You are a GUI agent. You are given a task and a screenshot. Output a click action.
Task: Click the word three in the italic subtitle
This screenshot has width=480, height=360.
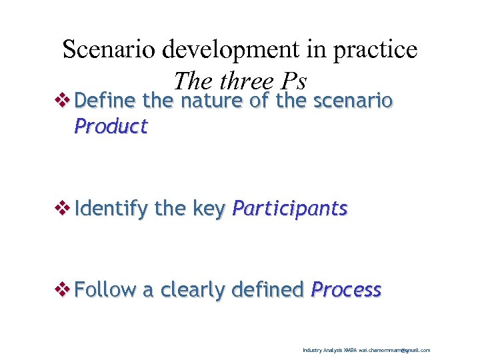(x=246, y=81)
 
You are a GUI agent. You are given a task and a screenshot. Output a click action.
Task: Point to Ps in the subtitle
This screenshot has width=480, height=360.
(x=293, y=81)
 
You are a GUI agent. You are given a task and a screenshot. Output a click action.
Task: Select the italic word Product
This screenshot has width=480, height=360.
(x=111, y=126)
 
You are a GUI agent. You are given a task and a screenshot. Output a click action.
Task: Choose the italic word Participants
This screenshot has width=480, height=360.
(x=289, y=209)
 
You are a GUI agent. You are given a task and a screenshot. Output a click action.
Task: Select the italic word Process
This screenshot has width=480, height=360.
(x=346, y=290)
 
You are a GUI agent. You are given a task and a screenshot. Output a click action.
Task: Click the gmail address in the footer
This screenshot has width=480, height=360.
(x=394, y=350)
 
